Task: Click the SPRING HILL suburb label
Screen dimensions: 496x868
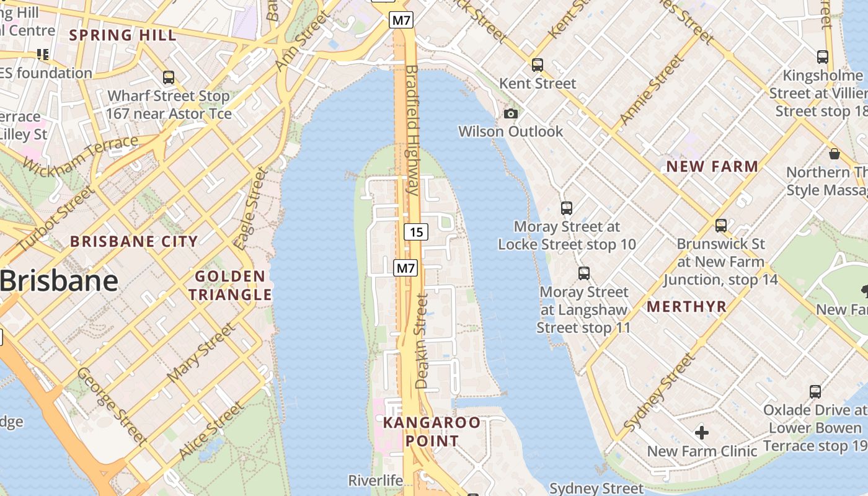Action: pyautogui.click(x=123, y=35)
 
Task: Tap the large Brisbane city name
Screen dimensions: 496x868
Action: pyautogui.click(x=59, y=281)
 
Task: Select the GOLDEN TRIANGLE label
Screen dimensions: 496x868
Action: pyautogui.click(x=231, y=285)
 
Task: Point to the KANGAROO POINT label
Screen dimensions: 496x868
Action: pyautogui.click(x=432, y=432)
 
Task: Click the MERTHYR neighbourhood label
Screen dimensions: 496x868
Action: pyautogui.click(x=686, y=307)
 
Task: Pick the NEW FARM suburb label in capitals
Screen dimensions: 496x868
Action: pyautogui.click(x=712, y=166)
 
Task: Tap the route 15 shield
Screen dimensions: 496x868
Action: pyautogui.click(x=416, y=232)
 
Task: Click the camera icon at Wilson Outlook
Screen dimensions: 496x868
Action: pyautogui.click(x=511, y=113)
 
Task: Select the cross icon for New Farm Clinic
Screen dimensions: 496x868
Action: pyautogui.click(x=702, y=432)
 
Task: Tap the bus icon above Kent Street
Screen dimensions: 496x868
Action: pyautogui.click(x=538, y=64)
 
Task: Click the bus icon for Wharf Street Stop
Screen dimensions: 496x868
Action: pyautogui.click(x=169, y=77)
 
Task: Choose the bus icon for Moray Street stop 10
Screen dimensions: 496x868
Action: pyautogui.click(x=566, y=208)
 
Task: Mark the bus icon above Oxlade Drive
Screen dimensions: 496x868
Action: pyautogui.click(x=815, y=392)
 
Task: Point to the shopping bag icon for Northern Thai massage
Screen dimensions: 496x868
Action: pyautogui.click(x=835, y=153)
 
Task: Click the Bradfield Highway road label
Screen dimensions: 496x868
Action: pyautogui.click(x=411, y=130)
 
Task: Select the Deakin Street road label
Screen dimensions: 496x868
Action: pyautogui.click(x=422, y=342)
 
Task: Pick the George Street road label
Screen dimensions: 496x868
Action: pyautogui.click(x=112, y=406)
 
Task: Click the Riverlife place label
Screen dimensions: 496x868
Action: pyautogui.click(x=375, y=480)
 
